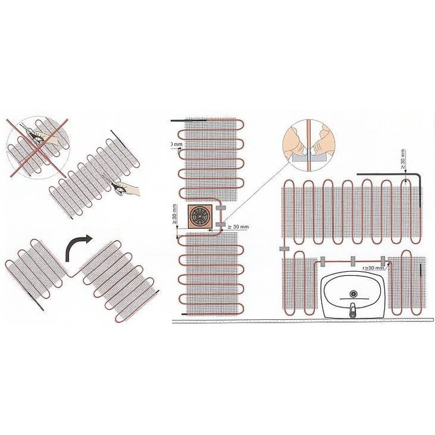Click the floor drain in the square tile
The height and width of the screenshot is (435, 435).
[199, 217]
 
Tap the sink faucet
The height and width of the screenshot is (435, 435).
[351, 309]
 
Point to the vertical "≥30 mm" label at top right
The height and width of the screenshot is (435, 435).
[402, 160]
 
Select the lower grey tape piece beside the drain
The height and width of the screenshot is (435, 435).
[220, 233]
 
